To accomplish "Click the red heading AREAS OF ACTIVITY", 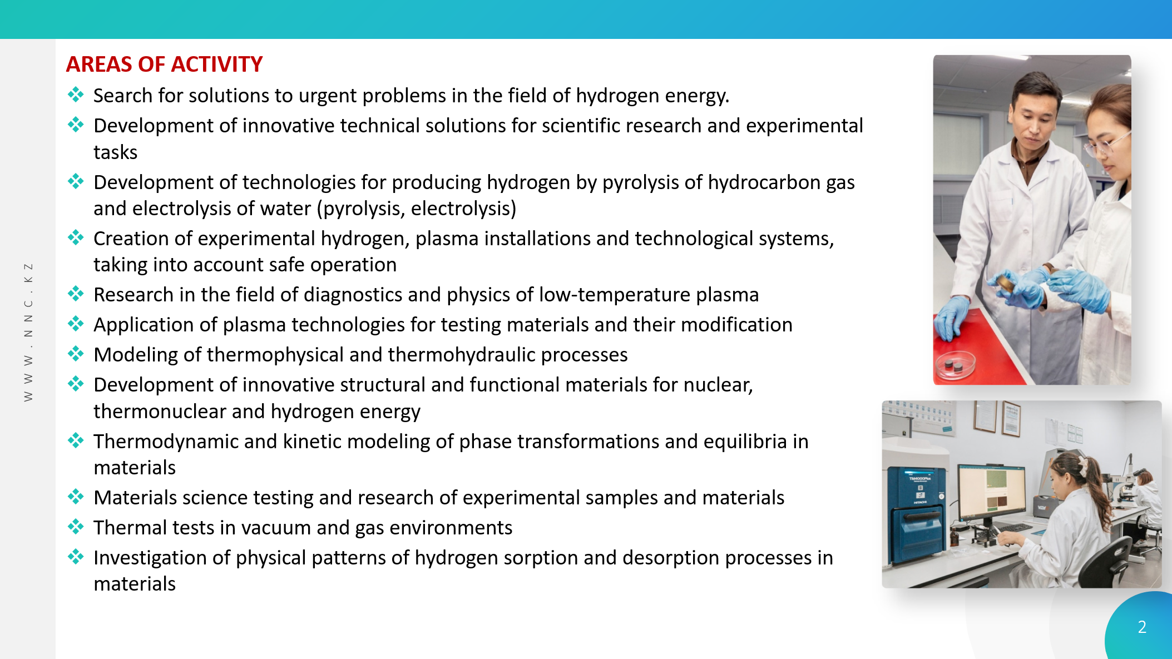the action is click(164, 65).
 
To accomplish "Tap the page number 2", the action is click(1142, 627).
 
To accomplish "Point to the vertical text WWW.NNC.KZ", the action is click(28, 331).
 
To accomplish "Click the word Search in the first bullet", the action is click(123, 96).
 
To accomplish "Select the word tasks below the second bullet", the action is click(115, 152).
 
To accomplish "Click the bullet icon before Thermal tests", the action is click(76, 526).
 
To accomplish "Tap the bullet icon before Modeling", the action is click(76, 353).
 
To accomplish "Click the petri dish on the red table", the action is click(955, 365).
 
